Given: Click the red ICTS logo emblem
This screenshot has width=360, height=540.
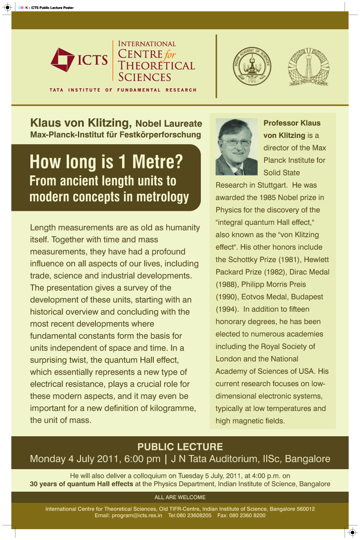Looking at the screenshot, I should pos(62,60).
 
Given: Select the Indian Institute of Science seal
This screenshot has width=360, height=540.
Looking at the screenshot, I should pos(308,66).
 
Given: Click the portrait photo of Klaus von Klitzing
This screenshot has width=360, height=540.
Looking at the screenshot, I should pos(236,147).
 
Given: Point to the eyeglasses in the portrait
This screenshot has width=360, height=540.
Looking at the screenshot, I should pos(237,142).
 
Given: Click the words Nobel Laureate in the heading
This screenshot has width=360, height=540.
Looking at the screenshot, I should pos(169,124).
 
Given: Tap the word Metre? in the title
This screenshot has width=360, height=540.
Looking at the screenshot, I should pos(156,162).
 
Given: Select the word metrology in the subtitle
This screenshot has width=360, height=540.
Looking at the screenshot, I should pos(163,197).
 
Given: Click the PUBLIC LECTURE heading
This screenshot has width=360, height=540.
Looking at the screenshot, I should pos(180,447).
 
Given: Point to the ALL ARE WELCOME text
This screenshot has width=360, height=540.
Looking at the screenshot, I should pos(180,497).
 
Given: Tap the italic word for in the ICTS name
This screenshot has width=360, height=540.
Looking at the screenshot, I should pos(170,55).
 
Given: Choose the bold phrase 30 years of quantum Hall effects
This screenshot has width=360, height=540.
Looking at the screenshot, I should pos(82,484).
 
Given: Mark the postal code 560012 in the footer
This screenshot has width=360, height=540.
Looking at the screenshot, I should pos(304,509).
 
